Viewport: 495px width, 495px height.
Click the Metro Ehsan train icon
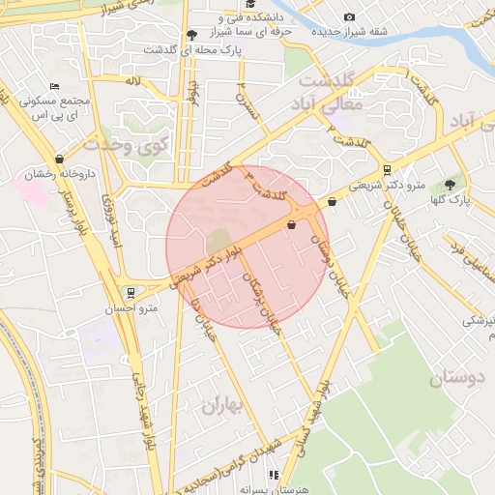(x=131, y=292)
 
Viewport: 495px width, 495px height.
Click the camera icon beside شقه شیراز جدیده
(x=349, y=16)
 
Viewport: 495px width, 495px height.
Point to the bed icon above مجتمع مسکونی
(x=54, y=86)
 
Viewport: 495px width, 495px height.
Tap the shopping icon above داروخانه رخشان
(x=60, y=159)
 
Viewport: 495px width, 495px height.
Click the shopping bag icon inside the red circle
(x=291, y=224)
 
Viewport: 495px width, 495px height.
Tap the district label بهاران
(x=225, y=404)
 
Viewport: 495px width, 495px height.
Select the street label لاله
(x=132, y=81)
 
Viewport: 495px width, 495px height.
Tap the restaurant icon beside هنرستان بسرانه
(x=274, y=475)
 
